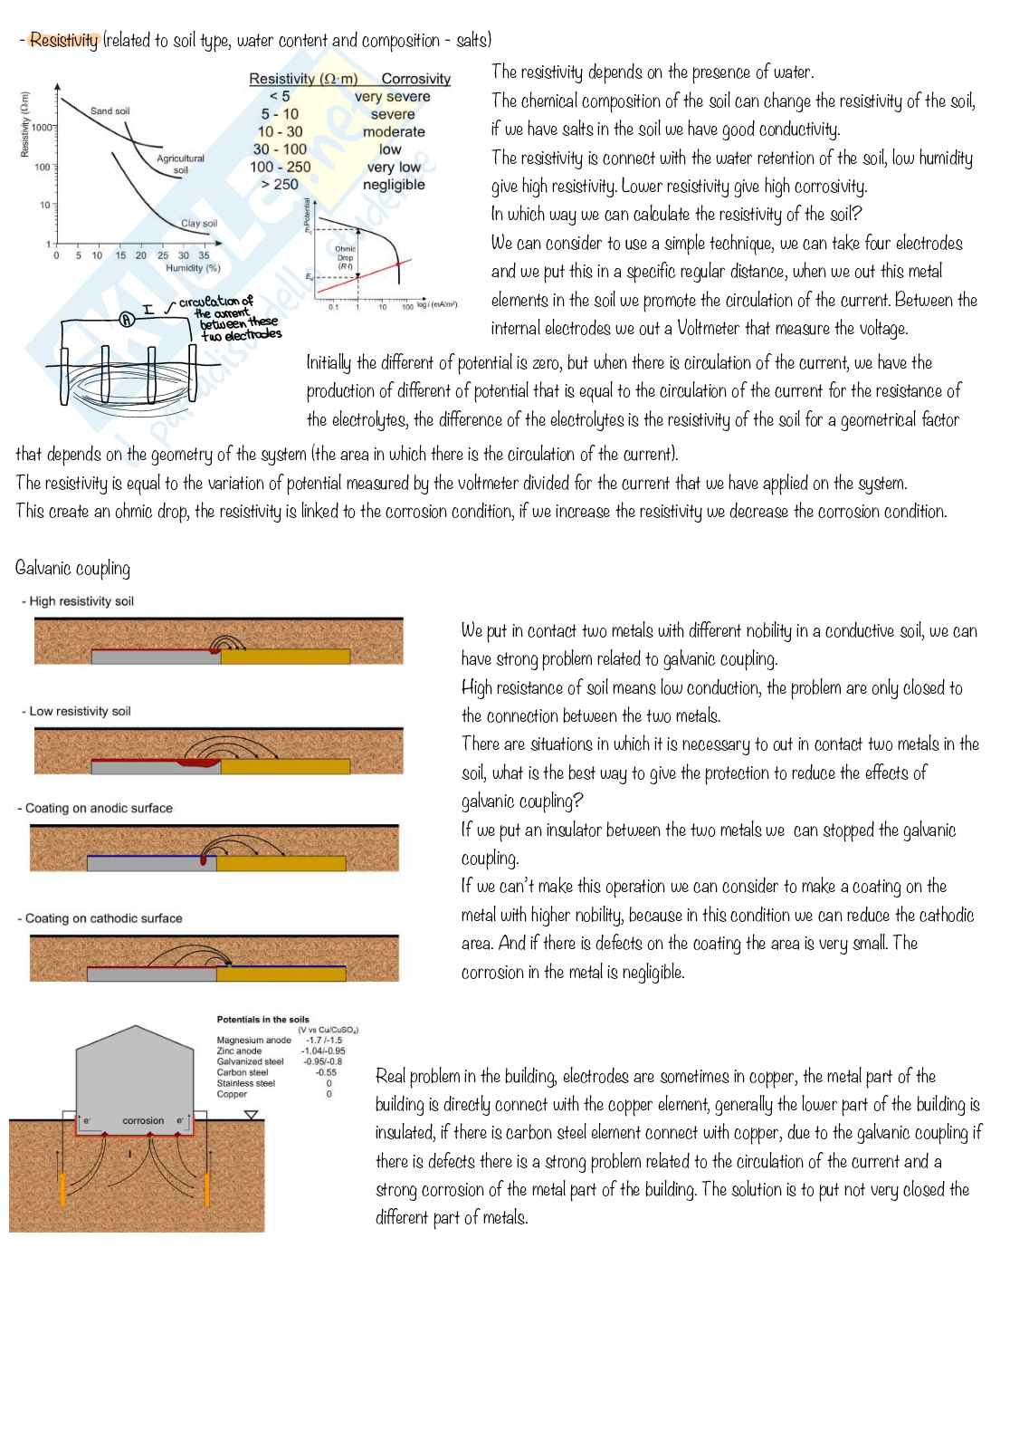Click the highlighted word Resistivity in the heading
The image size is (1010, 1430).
point(63,40)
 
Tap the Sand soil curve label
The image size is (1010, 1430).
point(110,111)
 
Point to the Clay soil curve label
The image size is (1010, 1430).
point(199,223)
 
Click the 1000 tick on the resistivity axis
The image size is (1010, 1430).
point(42,128)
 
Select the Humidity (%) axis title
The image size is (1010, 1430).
point(193,268)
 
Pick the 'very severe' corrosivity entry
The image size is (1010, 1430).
point(392,96)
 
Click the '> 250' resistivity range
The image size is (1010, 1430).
point(280,184)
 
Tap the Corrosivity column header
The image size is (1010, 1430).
point(415,79)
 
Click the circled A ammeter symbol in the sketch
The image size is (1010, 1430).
point(127,318)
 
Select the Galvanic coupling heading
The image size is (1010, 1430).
point(73,568)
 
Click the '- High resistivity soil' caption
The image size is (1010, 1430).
point(79,601)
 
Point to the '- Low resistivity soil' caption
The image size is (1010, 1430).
point(77,711)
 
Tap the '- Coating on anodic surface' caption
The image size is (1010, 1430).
point(95,808)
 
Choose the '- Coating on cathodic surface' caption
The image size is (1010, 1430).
point(100,917)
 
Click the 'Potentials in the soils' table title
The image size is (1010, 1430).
point(262,1019)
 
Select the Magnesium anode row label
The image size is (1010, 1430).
point(253,1040)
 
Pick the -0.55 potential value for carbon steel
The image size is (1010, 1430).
point(326,1072)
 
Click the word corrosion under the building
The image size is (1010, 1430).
point(143,1120)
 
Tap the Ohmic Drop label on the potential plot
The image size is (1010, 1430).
point(345,254)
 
